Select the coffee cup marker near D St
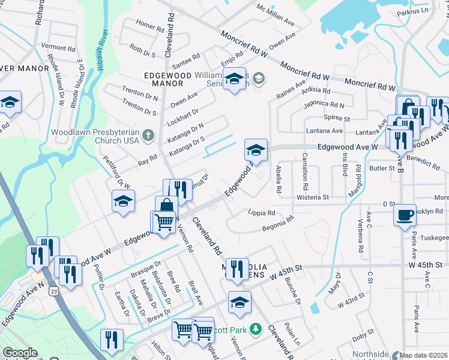(405, 215)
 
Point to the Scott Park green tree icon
(256, 329)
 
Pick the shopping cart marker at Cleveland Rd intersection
(164, 222)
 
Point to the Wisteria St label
(313, 197)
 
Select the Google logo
(20, 353)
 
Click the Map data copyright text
(424, 355)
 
